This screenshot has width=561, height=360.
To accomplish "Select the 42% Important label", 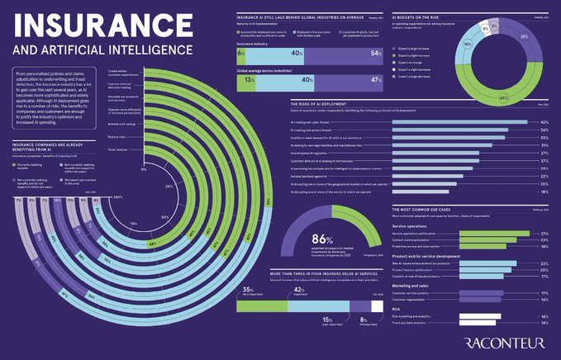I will point(302,291).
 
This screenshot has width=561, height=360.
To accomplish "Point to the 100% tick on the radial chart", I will point(117,197).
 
